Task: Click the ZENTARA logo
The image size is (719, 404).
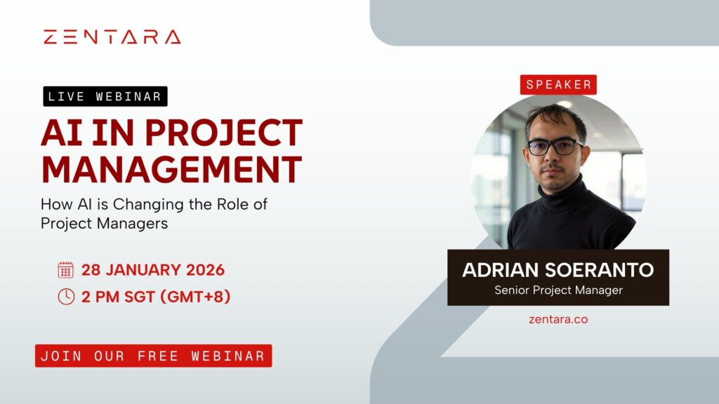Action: (x=112, y=37)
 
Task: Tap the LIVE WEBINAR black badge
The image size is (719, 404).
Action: (x=105, y=97)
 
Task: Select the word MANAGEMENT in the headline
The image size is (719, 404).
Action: (x=171, y=169)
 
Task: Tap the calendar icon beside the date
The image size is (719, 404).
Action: (x=65, y=270)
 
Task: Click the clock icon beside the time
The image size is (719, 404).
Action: (x=65, y=296)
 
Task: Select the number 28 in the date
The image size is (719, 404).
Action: (x=92, y=270)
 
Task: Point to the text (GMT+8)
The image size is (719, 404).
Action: (x=196, y=296)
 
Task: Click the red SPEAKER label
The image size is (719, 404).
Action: (x=559, y=84)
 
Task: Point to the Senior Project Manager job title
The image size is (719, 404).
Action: (x=558, y=290)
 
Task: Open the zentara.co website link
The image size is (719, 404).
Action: (x=558, y=319)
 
